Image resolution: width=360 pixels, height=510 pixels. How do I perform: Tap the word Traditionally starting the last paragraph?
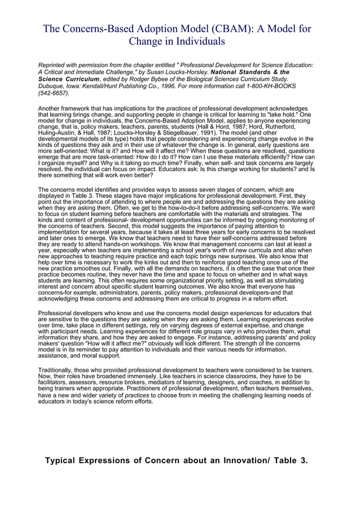[x=58, y=370]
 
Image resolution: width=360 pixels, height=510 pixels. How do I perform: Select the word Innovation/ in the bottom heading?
[x=245, y=460]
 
